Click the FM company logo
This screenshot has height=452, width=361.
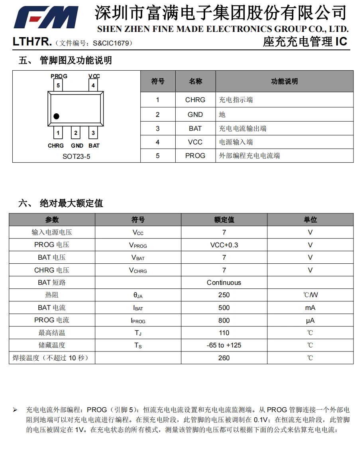click(x=46, y=18)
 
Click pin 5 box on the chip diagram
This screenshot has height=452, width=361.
click(x=58, y=85)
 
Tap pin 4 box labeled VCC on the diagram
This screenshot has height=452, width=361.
click(x=93, y=85)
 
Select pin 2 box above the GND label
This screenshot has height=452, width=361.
click(x=76, y=133)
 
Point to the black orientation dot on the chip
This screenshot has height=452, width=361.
click(x=56, y=116)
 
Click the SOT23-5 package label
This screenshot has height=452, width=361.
click(x=76, y=156)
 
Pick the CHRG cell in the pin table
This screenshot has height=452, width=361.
click(x=195, y=100)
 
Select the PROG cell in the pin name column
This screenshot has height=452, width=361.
click(x=195, y=156)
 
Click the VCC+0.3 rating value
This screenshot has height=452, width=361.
click(x=224, y=245)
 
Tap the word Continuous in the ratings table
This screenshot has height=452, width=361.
click(x=224, y=282)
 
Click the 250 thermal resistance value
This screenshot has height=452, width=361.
click(x=224, y=295)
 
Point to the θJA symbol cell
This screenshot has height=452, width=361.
click(x=138, y=295)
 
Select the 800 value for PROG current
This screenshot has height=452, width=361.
click(x=224, y=320)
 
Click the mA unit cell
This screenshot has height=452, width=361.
click(x=310, y=308)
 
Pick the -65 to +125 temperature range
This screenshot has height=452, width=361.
click(x=224, y=345)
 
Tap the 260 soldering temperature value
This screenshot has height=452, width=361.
click(x=224, y=358)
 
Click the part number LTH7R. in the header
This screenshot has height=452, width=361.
click(x=32, y=42)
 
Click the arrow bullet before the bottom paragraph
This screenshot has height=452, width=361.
click(x=15, y=410)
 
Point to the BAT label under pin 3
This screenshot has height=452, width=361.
click(x=94, y=146)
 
